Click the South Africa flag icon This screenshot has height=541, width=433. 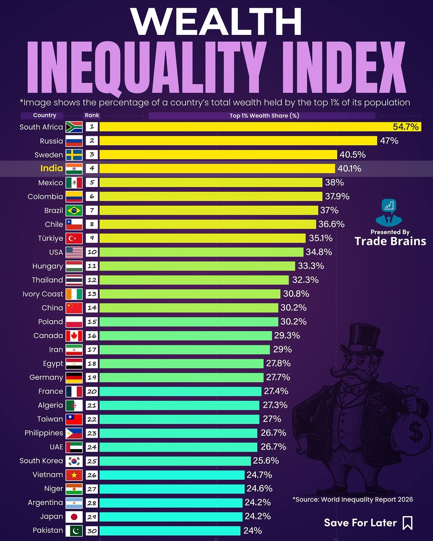pos(74,127)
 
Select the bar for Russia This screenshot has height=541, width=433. pos(238,141)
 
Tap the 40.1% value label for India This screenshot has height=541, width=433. pos(349,168)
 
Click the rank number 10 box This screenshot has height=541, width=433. pos(92,252)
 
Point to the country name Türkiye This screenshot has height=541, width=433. pos(51,238)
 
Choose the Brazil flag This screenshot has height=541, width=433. pos(74,211)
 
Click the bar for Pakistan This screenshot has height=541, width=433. pos(170,531)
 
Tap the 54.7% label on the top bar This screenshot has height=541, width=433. pos(405,127)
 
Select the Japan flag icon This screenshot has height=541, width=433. pos(74,517)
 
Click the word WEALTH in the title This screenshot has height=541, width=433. pos(216,22)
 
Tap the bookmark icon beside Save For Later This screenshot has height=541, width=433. pos(408,523)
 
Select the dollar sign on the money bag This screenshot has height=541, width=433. pos(416,432)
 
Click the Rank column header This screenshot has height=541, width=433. pos(92,115)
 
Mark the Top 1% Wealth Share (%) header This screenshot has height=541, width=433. pos(264,115)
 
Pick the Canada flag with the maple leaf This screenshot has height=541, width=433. pos(74,336)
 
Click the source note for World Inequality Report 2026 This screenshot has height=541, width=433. pos(353,499)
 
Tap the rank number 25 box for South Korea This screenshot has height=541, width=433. pos(92,461)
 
